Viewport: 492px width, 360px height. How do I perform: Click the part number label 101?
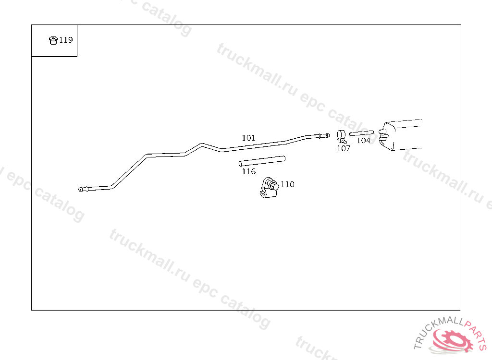tap(248, 138)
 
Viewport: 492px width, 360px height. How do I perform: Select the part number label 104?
tap(363, 141)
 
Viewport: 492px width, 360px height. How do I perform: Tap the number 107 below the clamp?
tap(344, 148)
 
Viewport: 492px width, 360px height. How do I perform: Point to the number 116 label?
tap(248, 171)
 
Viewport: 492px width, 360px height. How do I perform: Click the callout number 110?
tap(287, 184)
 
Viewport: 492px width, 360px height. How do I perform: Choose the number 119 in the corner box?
tap(66, 40)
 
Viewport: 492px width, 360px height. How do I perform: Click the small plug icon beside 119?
tap(53, 40)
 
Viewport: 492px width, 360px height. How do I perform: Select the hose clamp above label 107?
tap(341, 136)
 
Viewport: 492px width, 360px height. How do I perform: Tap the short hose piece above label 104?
tap(361, 133)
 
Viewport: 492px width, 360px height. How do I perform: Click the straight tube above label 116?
tap(262, 161)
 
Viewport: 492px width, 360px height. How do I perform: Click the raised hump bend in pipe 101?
tap(202, 144)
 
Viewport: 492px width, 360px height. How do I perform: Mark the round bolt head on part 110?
tap(275, 185)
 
